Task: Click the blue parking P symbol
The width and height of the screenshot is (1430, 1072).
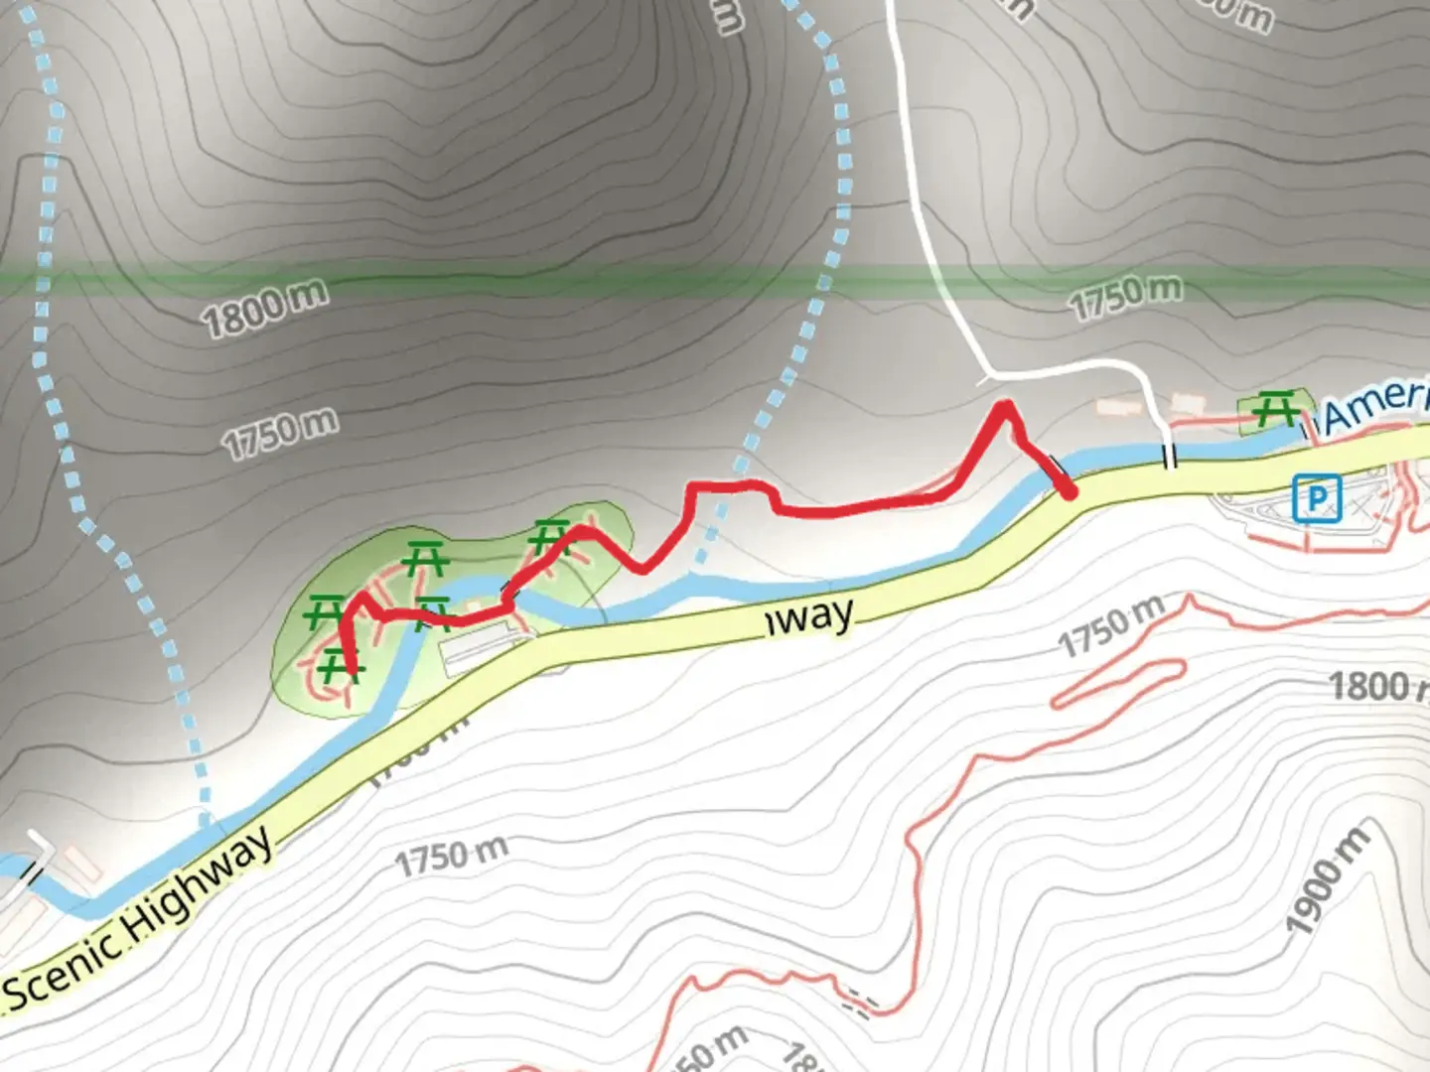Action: click(x=1317, y=497)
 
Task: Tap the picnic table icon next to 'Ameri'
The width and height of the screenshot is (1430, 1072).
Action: click(x=1273, y=409)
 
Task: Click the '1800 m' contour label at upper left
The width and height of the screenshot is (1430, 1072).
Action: click(x=264, y=308)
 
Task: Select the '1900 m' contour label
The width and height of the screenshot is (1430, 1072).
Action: click(x=1327, y=879)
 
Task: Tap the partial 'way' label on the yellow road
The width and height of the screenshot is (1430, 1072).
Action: click(x=810, y=618)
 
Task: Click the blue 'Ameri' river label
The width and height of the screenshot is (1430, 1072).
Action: click(x=1376, y=405)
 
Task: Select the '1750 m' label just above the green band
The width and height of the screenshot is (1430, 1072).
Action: click(x=1126, y=296)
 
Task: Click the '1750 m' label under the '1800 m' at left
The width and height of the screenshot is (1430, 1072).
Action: click(x=280, y=434)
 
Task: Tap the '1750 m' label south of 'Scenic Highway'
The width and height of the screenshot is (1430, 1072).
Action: click(x=451, y=856)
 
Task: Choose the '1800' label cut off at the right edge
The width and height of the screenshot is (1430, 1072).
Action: click(x=1374, y=685)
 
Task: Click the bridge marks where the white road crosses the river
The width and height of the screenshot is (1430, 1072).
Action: click(x=1170, y=458)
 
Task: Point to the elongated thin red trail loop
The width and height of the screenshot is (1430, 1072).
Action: click(x=1117, y=683)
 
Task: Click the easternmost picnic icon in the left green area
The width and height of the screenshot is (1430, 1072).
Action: click(x=549, y=537)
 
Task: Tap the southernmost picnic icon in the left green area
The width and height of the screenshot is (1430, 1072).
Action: click(x=339, y=665)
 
